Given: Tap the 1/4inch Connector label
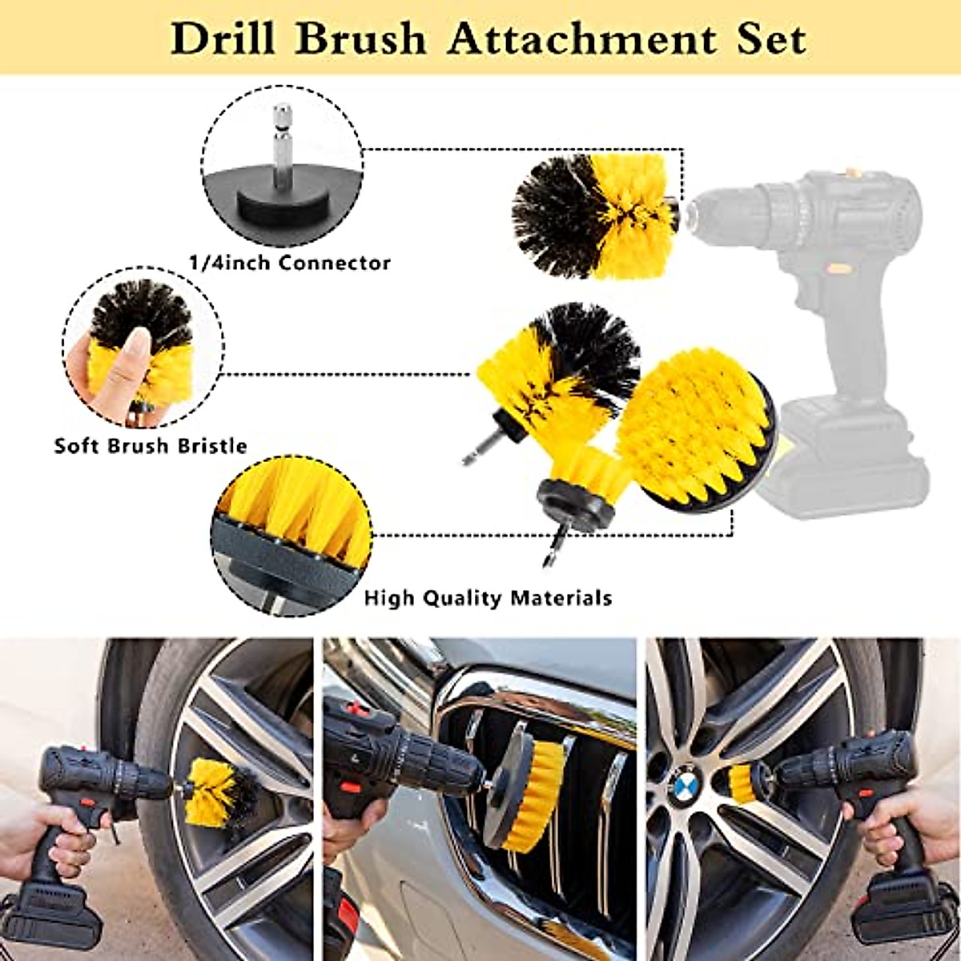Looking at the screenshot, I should (289, 262).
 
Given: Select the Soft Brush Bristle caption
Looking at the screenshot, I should (151, 445).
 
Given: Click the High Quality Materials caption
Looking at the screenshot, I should (488, 597).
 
